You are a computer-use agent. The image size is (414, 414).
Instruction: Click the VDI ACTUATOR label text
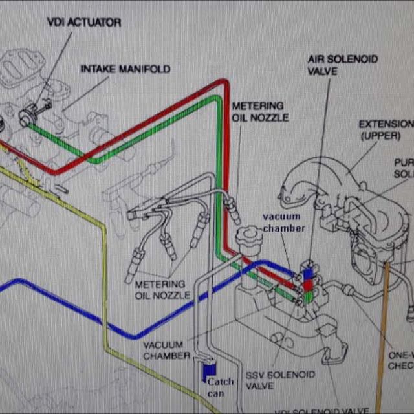[83, 23]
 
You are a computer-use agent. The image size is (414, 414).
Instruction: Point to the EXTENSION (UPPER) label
[386, 129]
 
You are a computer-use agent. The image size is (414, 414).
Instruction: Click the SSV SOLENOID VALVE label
[280, 380]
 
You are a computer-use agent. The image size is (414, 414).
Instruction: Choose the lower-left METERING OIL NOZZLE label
[162, 290]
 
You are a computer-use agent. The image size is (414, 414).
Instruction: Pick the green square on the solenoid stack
[310, 296]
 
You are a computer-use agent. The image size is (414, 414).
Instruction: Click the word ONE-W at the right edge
[400, 354]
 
